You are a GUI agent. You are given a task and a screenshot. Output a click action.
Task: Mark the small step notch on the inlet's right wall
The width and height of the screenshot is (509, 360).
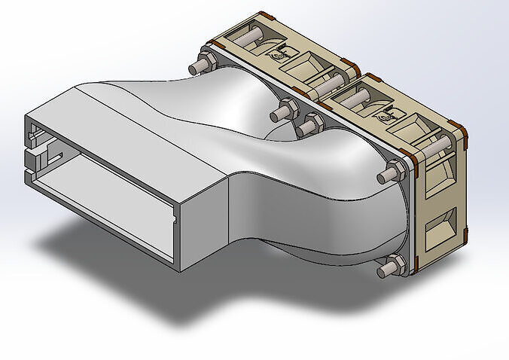tap(175, 220)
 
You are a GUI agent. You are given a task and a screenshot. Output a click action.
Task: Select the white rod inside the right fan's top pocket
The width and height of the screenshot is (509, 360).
tap(354, 95)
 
